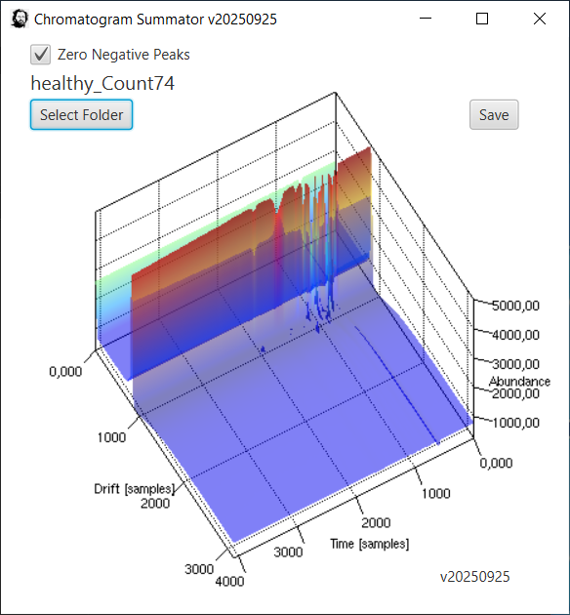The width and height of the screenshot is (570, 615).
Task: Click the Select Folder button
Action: pos(82,114)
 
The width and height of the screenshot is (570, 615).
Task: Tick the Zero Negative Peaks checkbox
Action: pos(40,55)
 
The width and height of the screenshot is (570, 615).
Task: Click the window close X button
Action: pos(540,19)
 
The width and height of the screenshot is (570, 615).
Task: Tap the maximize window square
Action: pos(482,19)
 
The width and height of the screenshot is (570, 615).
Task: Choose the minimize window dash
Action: pos(426,18)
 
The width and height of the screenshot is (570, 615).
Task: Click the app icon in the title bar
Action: pos(20,19)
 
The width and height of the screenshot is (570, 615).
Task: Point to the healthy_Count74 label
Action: pos(102,84)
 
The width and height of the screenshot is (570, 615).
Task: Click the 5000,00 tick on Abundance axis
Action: pos(515,306)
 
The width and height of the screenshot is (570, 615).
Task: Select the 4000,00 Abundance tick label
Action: pos(515,335)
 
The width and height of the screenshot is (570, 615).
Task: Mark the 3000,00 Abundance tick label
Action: pos(515,364)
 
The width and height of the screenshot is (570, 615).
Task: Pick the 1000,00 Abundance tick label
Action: pos(515,423)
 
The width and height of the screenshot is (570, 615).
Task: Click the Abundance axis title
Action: pos(519,382)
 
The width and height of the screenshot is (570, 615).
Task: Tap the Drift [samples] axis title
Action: pos(134,489)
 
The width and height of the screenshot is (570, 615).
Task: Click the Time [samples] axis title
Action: pos(369,544)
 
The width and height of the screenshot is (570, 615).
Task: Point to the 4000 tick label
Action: pos(229,581)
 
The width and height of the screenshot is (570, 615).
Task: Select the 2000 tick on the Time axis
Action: pos(376,523)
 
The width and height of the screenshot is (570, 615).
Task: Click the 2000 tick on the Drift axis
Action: pos(155,503)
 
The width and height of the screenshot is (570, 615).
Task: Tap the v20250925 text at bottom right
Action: pos(474,577)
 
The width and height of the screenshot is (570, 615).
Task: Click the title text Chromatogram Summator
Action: pos(119,20)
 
